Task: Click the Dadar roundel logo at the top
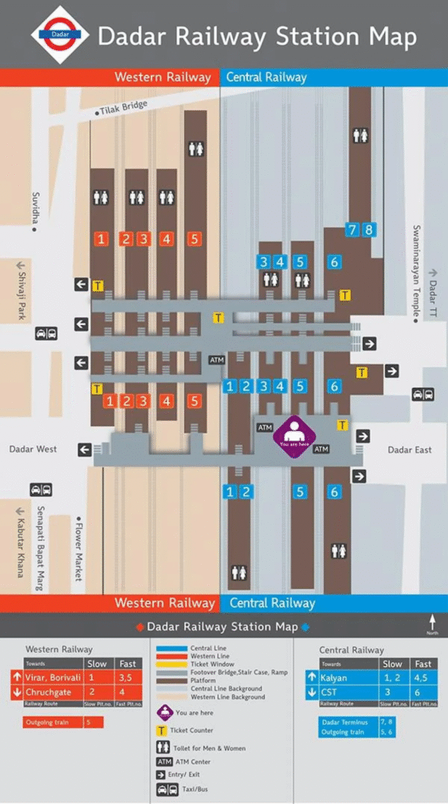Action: coord(60,35)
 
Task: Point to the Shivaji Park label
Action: coord(22,291)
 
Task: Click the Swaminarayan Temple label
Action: coord(416,270)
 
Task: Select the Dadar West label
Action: coord(33,449)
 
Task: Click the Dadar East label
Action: coord(410,450)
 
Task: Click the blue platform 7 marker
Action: coord(353,230)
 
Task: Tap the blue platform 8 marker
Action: coord(368,230)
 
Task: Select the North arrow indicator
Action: coord(432,625)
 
